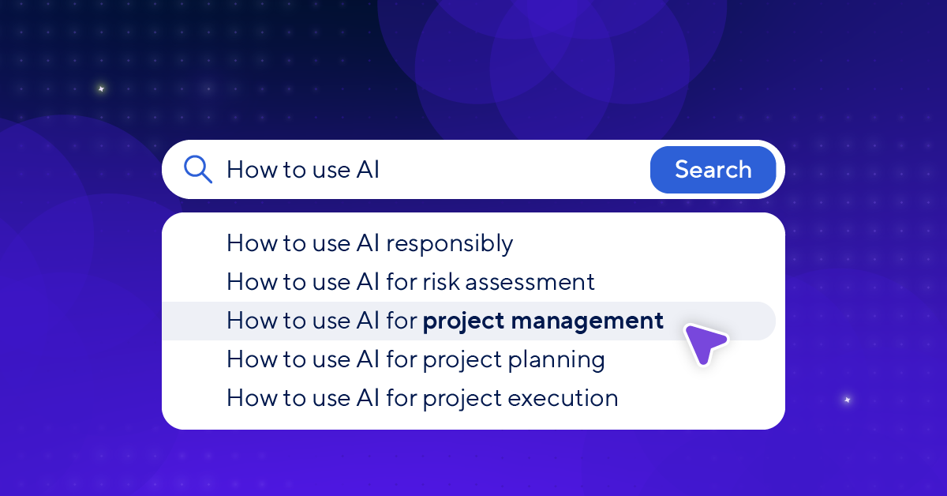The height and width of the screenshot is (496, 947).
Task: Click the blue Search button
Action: click(713, 170)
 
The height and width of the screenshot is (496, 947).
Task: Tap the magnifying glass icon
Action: click(197, 169)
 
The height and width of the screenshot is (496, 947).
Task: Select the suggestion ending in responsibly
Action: click(370, 243)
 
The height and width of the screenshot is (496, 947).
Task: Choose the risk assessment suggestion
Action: click(411, 282)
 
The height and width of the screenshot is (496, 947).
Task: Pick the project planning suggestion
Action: click(416, 359)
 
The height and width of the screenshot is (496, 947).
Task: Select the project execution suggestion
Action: click(423, 398)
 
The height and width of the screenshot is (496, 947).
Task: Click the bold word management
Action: click(587, 321)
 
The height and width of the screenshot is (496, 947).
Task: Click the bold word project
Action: click(464, 321)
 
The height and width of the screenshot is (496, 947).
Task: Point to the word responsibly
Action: click(450, 243)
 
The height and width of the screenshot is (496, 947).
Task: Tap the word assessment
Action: click(530, 282)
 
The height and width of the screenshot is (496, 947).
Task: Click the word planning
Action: click(556, 359)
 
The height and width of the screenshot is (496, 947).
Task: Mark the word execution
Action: click(563, 399)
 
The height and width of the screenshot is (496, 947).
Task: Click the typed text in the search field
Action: click(303, 170)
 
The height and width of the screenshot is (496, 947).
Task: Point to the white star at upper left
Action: click(101, 89)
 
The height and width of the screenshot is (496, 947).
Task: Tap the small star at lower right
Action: click(848, 400)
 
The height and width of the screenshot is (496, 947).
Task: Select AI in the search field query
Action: click(368, 170)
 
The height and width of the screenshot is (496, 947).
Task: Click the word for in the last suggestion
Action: click(402, 398)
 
